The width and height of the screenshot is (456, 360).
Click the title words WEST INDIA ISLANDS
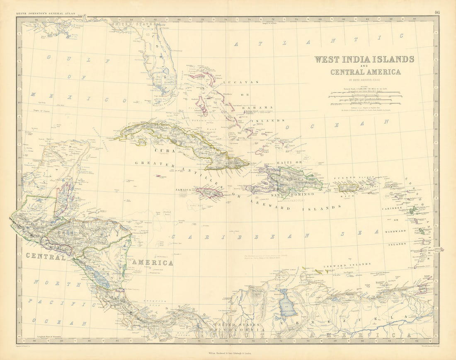[364, 59]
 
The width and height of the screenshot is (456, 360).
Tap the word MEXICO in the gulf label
[79, 98]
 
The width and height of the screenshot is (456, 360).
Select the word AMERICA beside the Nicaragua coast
[153, 263]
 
